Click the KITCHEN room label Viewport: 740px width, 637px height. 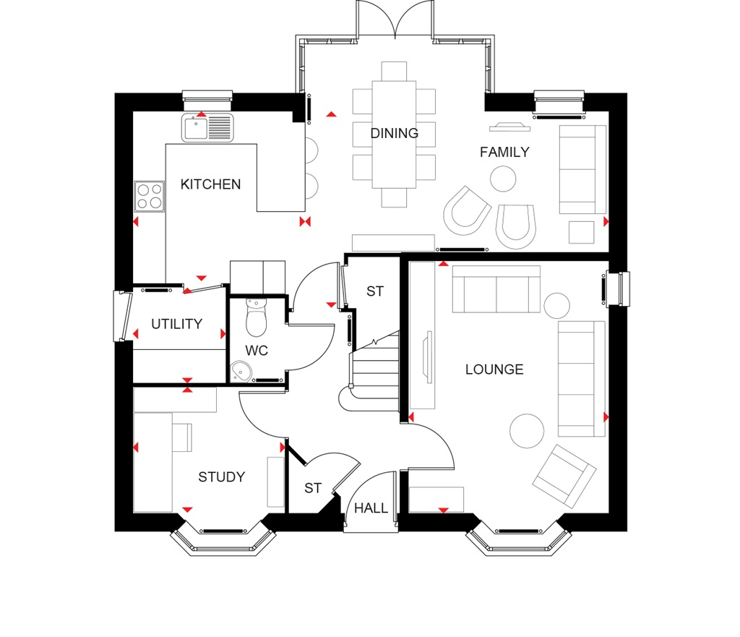(210, 184)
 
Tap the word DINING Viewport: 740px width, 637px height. (394, 133)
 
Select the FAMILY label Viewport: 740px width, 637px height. (504, 152)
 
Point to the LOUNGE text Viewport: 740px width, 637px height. (494, 369)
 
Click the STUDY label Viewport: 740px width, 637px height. (221, 477)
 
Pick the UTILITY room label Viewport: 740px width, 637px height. (176, 324)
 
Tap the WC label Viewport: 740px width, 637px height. (257, 351)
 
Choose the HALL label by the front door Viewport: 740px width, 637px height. (371, 508)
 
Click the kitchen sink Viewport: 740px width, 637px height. (208, 127)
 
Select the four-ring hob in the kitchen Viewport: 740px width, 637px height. (150, 196)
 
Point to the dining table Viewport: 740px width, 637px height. (394, 134)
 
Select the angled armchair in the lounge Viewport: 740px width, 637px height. (564, 475)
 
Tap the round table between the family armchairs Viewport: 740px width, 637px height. (503, 178)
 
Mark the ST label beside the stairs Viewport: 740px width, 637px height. (374, 292)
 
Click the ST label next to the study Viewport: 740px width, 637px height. (312, 489)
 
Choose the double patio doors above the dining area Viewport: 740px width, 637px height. (394, 20)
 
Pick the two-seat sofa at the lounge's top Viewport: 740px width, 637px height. (496, 289)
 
